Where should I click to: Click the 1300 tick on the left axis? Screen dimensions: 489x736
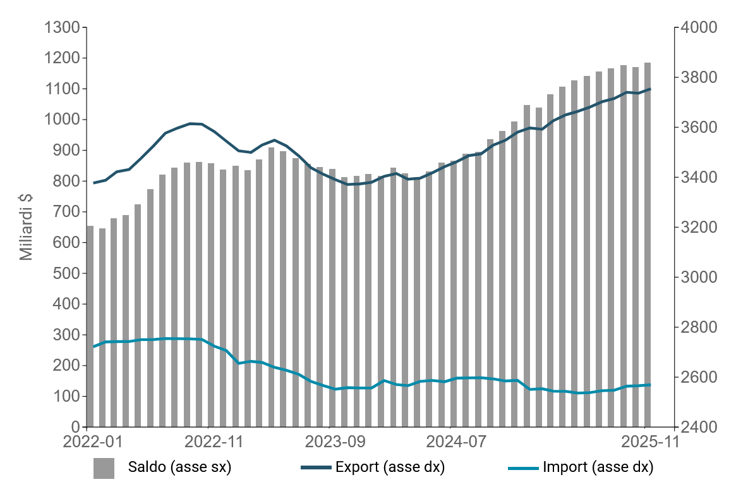pos(62,28)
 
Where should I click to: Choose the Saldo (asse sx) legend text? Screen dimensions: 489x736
pos(179,468)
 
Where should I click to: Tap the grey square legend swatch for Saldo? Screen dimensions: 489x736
pos(104,468)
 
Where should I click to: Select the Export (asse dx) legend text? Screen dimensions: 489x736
pos(390,468)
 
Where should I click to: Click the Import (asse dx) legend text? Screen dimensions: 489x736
pos(598,468)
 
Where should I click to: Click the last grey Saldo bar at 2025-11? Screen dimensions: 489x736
pos(648,253)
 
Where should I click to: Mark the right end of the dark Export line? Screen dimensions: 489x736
pos(650,89)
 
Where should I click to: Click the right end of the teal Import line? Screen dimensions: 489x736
pos(650,385)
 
